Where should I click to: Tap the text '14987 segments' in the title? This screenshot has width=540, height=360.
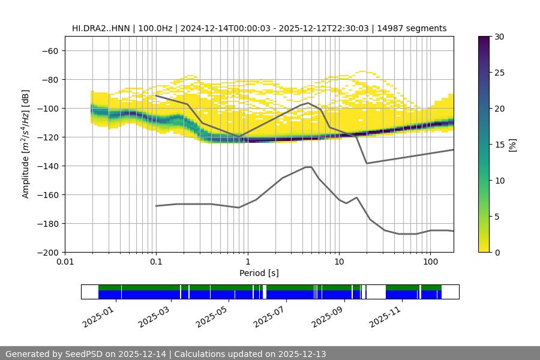[418, 28]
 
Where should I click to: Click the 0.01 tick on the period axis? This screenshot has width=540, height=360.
[65, 262]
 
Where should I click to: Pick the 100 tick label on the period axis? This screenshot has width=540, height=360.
[430, 262]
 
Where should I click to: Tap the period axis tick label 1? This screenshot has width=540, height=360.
[247, 262]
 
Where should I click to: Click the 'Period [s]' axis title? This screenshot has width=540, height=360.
[259, 273]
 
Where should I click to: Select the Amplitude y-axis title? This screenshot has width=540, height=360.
[26, 144]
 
